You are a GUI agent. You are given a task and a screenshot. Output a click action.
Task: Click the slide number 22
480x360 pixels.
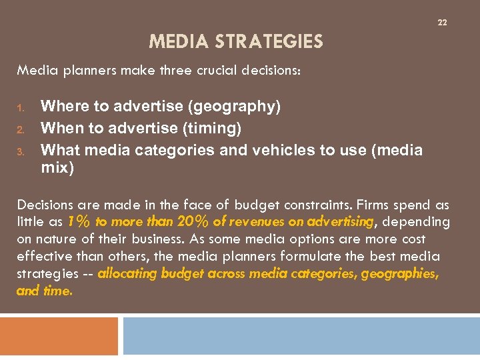coord(442,23)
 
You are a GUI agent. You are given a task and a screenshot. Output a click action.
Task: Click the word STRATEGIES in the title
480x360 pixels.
coord(269,43)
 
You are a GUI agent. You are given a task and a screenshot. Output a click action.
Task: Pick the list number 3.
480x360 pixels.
coord(21,151)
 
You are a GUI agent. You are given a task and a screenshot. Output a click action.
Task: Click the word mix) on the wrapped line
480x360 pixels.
coord(57,168)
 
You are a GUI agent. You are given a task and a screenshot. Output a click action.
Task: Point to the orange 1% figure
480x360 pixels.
coord(80,221)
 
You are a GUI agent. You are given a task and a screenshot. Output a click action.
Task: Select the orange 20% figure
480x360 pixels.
coord(193,221)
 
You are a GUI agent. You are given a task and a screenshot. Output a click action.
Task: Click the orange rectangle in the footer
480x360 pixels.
coord(59,336)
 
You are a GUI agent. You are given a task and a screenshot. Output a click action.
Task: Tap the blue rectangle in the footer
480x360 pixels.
coord(301,336)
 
